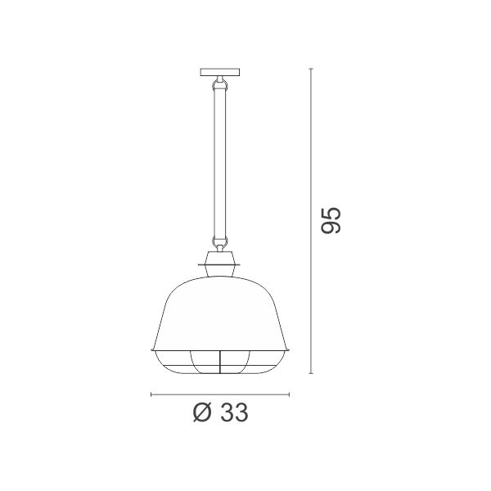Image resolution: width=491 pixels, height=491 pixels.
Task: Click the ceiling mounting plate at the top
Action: [221, 72]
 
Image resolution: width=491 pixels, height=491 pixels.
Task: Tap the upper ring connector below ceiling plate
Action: [220, 84]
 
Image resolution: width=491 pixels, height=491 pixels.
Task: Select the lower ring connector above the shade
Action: [220, 241]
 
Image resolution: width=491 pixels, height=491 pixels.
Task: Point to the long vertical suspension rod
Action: [220, 163]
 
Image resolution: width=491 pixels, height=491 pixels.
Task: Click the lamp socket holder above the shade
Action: [220, 264]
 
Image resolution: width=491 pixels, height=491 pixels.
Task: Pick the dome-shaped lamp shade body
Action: [220, 313]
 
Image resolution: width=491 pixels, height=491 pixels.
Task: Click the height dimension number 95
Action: [331, 220]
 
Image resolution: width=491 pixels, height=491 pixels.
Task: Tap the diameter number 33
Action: [234, 412]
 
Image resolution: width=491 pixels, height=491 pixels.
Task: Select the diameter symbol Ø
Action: [203, 412]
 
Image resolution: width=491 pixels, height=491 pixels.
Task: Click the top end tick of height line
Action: [311, 69]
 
